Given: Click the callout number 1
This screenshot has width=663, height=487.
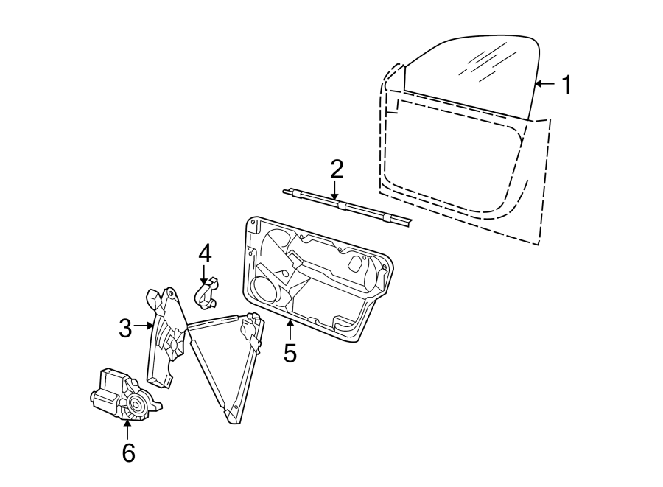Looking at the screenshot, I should point(566,85).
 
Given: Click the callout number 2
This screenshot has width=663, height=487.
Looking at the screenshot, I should point(336,170).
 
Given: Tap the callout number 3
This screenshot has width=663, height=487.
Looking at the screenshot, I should point(126,328).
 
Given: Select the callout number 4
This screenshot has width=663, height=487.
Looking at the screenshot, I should point(205,253).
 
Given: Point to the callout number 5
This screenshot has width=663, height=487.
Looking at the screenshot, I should point(290,354).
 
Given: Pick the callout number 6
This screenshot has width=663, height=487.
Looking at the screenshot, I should point(128,452).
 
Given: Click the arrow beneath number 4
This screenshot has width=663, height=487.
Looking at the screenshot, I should point(204,276).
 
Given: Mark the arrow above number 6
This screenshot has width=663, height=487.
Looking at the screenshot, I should point(127,430).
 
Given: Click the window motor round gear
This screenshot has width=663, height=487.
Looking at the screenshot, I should point(136,403).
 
